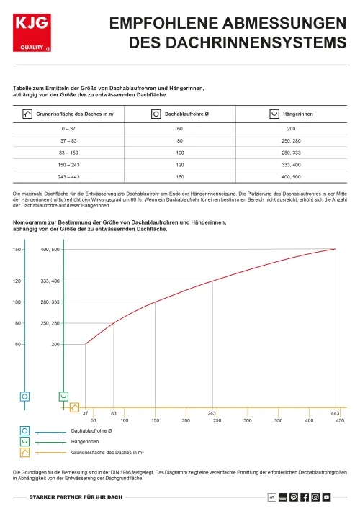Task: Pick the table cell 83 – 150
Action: pyautogui.click(x=70, y=153)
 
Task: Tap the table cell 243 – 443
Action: pyautogui.click(x=70, y=177)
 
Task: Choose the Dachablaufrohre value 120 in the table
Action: pyautogui.click(x=180, y=165)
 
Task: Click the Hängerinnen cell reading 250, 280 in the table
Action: pyautogui.click(x=292, y=140)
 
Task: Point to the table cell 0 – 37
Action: pyautogui.click(x=70, y=128)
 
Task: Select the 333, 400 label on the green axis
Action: pyautogui.click(x=50, y=281)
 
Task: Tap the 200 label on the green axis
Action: pyautogui.click(x=55, y=344)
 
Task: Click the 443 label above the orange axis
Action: pyautogui.click(x=335, y=412)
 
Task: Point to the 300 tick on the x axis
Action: pyautogui.click(x=248, y=420)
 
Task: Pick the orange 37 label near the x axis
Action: pyautogui.click(x=86, y=412)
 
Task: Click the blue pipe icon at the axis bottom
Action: pyautogui.click(x=25, y=396)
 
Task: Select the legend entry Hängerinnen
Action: pyautogui.click(x=85, y=441)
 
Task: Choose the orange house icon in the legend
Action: pyautogui.click(x=25, y=452)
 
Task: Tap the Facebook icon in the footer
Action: pyautogui.click(x=305, y=497)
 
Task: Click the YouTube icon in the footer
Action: pyautogui.click(x=326, y=497)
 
